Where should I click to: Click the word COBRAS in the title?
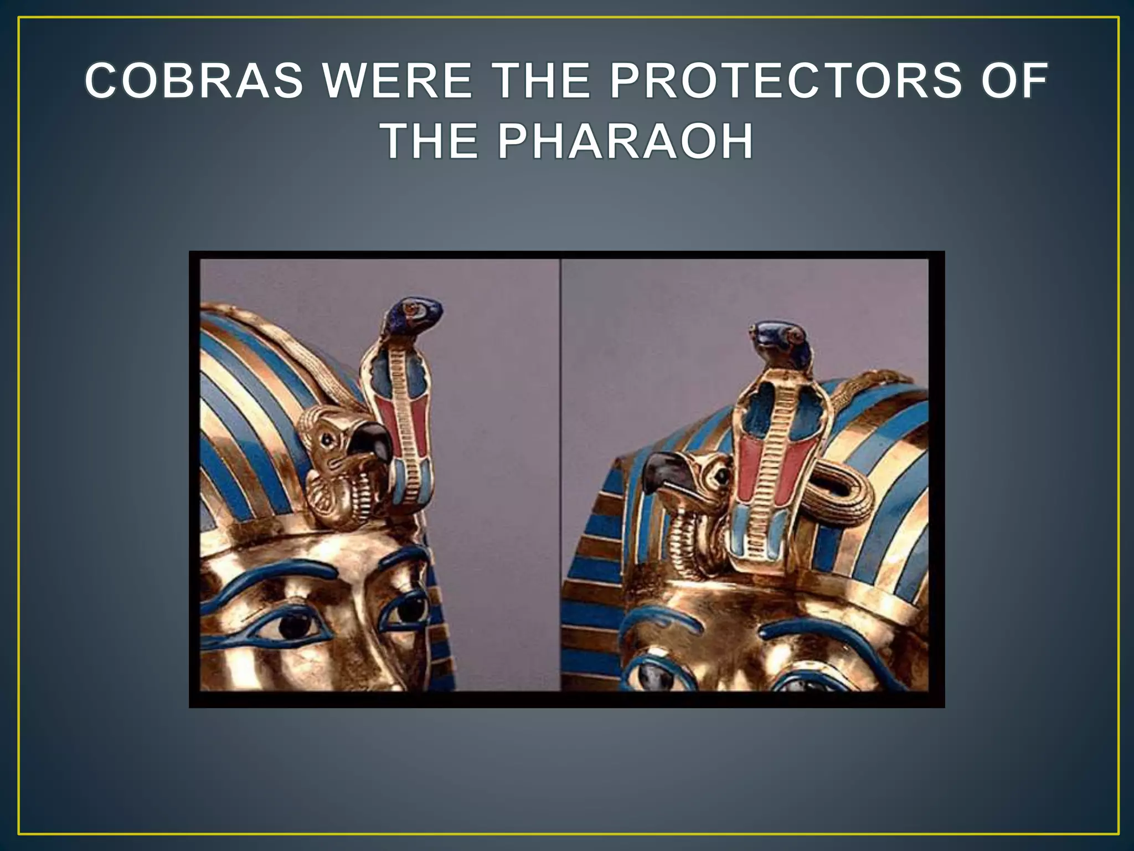pos(194,81)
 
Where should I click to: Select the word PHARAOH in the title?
pos(625,142)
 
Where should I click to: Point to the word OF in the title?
pos(1014,81)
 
